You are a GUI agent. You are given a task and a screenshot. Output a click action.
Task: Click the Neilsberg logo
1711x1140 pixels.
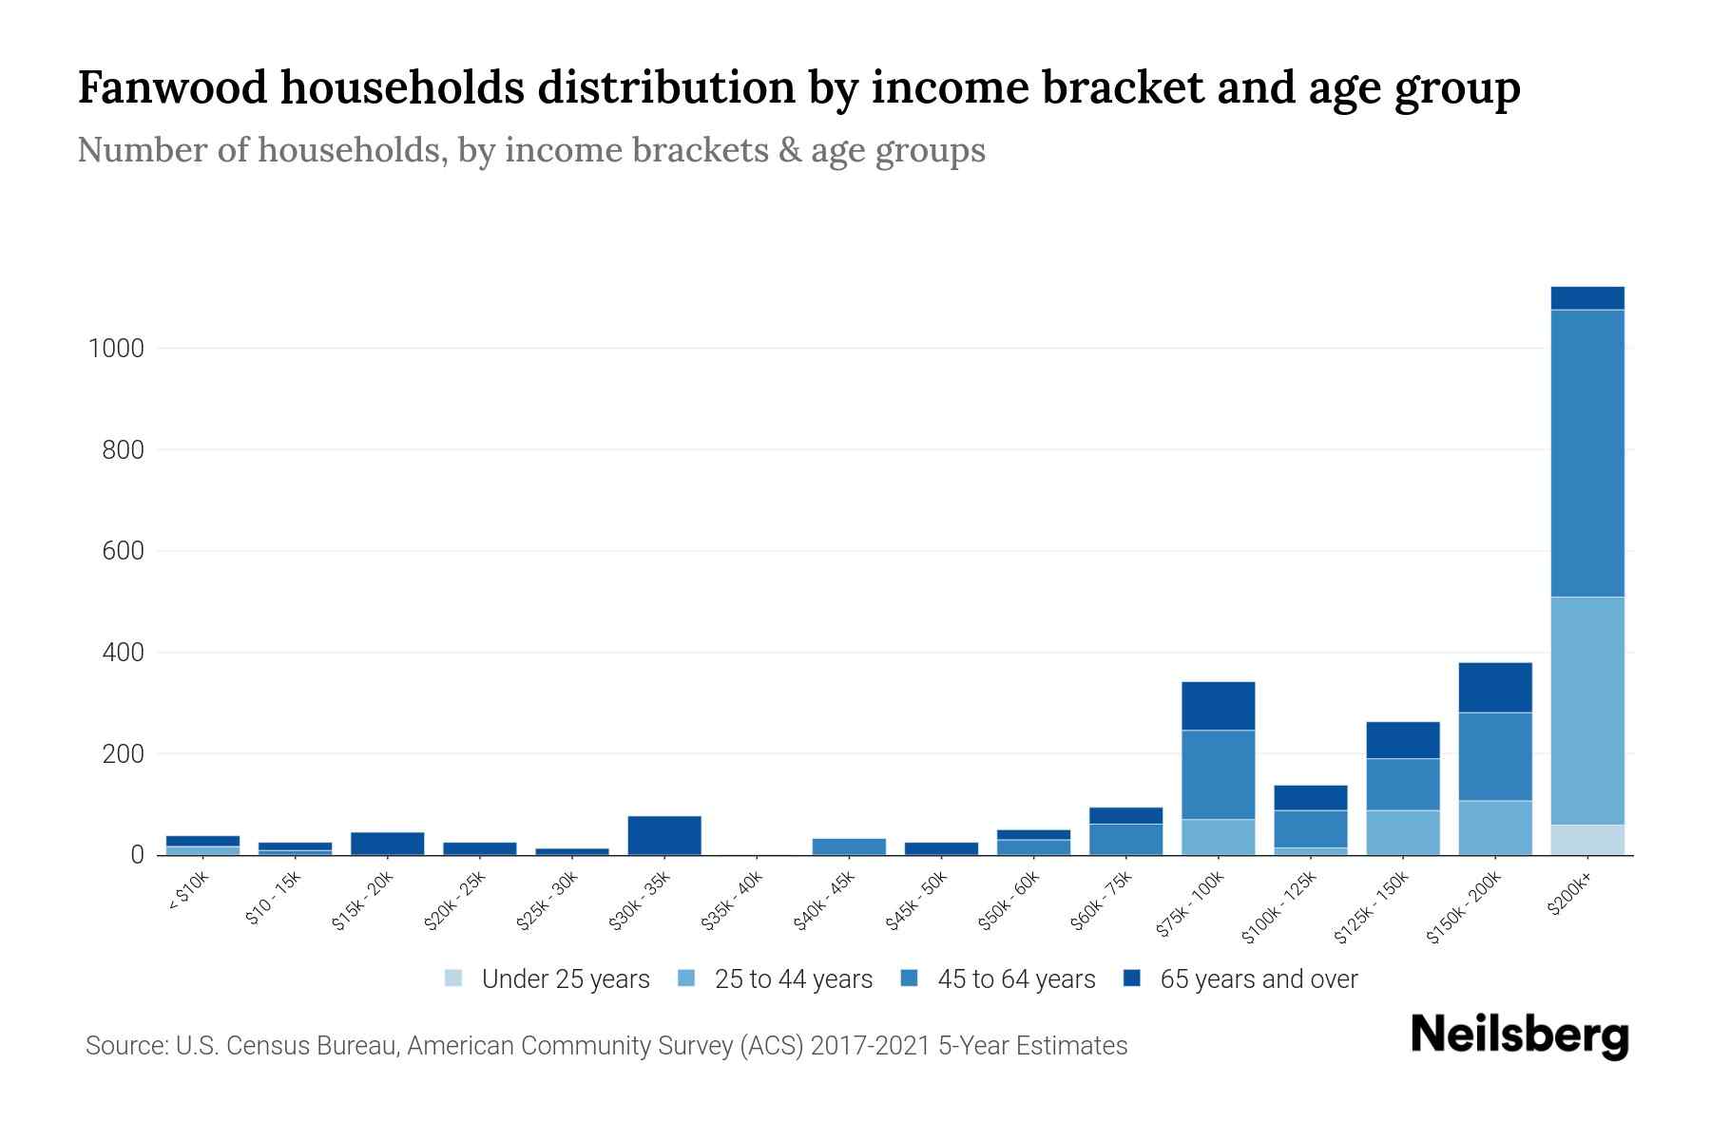(x=1519, y=1035)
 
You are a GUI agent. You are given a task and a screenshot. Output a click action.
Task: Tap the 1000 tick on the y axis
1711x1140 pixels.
(x=116, y=349)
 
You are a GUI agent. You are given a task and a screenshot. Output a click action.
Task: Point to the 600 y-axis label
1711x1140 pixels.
(x=123, y=551)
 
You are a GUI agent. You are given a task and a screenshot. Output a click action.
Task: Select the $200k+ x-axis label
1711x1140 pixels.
(x=1569, y=897)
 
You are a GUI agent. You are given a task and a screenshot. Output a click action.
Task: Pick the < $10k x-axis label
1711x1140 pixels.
(x=187, y=893)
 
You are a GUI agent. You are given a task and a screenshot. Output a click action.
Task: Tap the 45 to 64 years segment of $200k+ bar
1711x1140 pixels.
(x=1586, y=453)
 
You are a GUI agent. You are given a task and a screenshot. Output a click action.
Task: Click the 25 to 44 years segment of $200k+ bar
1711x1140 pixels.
(x=1586, y=711)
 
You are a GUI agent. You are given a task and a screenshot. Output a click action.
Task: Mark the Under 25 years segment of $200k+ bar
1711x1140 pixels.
(x=1586, y=840)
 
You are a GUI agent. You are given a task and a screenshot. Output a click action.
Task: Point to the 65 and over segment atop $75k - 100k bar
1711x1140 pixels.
(x=1218, y=706)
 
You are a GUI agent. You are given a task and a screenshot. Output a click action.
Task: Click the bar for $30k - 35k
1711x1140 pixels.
(x=664, y=835)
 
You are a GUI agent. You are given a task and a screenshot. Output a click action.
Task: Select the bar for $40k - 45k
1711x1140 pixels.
(x=849, y=846)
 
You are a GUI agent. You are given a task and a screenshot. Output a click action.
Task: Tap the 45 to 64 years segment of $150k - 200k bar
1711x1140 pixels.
(x=1494, y=756)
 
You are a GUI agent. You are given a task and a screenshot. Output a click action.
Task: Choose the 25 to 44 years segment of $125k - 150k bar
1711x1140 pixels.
(x=1402, y=832)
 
